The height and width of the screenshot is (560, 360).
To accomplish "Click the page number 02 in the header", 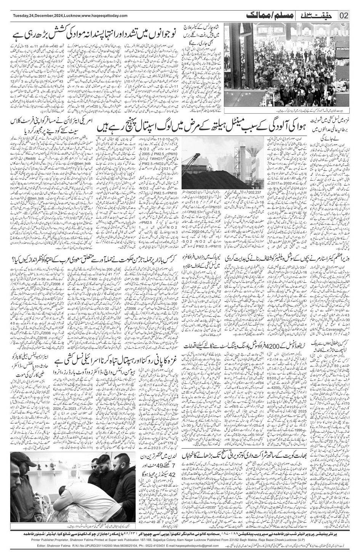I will pyautogui.click(x=344, y=16).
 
